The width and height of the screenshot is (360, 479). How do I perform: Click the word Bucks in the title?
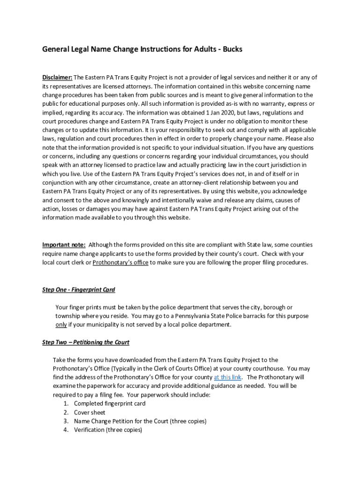coord(233,49)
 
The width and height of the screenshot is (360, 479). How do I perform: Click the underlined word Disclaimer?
coord(57,78)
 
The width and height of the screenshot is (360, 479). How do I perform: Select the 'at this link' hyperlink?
coord(228,377)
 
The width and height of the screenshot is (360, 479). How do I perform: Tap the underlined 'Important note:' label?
coord(64,245)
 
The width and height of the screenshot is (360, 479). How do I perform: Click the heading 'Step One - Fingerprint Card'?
coord(79,290)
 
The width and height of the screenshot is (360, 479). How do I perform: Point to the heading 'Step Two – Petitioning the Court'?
coord(86,342)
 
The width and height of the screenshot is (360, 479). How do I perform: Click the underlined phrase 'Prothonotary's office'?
coord(121,263)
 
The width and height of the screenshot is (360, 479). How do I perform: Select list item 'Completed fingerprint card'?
coord(109,404)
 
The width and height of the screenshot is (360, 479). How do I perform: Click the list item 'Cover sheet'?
coord(89,413)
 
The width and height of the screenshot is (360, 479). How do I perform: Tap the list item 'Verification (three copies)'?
coord(108,430)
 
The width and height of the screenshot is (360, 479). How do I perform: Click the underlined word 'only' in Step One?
coord(61,325)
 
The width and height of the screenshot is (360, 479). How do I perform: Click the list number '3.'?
coord(66,421)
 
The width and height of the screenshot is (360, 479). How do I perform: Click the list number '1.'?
coord(66,404)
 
